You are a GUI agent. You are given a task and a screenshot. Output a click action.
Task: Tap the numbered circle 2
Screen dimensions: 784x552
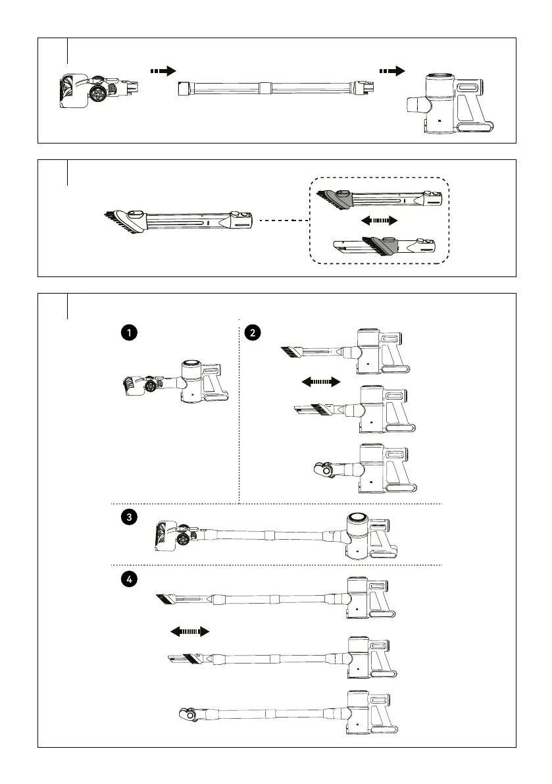click(x=252, y=333)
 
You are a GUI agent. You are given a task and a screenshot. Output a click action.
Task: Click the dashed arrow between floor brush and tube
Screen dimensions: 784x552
click(x=163, y=70)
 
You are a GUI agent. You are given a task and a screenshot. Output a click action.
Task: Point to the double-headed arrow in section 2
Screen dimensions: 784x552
click(x=320, y=381)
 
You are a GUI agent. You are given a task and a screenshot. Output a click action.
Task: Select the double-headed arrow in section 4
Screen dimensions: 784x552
click(x=189, y=631)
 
